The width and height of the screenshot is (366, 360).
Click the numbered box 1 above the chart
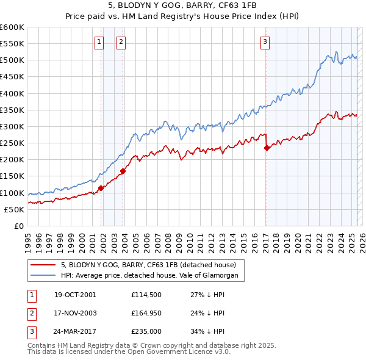(x=99, y=41)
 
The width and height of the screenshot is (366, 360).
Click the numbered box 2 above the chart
(x=121, y=41)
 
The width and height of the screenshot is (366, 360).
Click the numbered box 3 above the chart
(x=265, y=41)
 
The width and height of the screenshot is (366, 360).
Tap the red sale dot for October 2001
(x=101, y=188)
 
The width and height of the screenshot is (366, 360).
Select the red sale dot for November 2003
(x=123, y=171)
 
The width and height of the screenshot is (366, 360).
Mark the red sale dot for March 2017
(x=267, y=148)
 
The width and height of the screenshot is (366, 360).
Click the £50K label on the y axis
(x=14, y=209)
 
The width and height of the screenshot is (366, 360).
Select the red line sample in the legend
(x=43, y=265)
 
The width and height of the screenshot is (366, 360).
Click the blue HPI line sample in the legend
(x=43, y=276)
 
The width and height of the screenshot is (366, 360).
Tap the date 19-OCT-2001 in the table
(x=75, y=294)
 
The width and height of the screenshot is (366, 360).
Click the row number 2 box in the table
(x=31, y=313)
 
